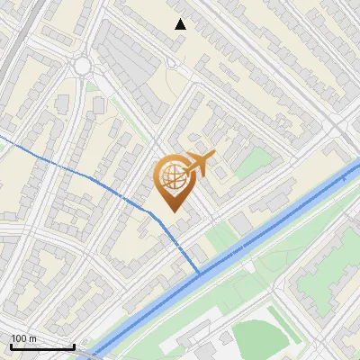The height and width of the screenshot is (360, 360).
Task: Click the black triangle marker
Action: point(181,24)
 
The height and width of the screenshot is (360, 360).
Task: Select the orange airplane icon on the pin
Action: point(200,164)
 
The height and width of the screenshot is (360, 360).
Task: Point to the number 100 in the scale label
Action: point(19,337)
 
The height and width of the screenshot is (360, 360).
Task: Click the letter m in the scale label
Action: point(32,337)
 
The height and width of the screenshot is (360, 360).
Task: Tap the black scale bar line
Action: point(42,346)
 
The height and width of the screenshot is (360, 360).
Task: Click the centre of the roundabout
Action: point(83,66)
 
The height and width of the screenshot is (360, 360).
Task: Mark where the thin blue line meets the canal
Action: point(200,272)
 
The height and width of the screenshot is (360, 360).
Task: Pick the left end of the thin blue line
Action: point(2,138)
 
